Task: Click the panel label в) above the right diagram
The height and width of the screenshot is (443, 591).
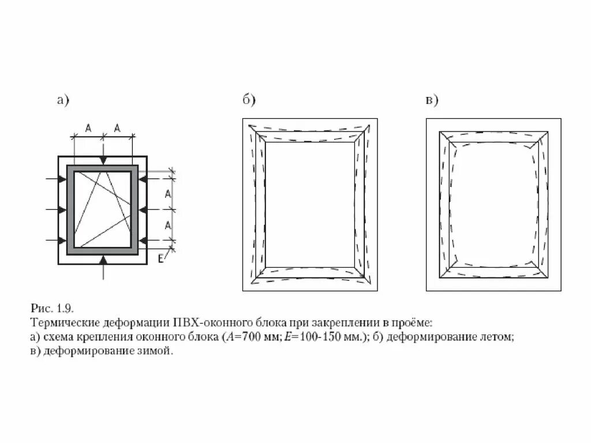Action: pyautogui.click(x=432, y=100)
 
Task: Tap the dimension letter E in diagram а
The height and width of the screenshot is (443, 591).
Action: pyautogui.click(x=161, y=258)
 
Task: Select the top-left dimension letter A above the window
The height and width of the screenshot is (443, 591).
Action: pyautogui.click(x=88, y=129)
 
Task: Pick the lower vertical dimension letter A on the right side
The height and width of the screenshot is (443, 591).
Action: pyautogui.click(x=167, y=224)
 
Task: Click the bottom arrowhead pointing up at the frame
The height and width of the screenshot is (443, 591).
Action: pyautogui.click(x=103, y=260)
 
